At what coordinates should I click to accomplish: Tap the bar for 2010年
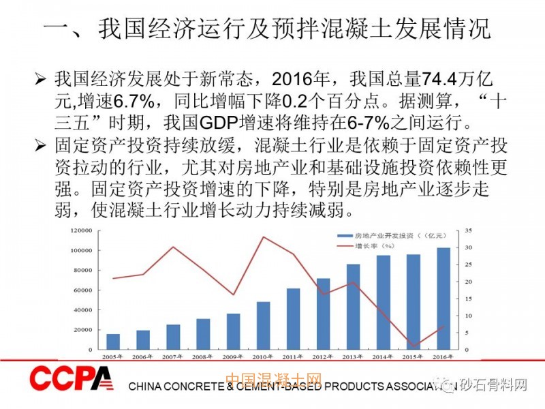(x=263, y=325)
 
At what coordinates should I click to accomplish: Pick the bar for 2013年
(x=353, y=307)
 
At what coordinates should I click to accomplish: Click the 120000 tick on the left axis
(x=80, y=230)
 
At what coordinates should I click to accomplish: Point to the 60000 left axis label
(x=82, y=290)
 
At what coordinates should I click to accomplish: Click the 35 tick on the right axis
(x=469, y=230)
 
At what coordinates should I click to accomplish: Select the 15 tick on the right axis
(x=469, y=299)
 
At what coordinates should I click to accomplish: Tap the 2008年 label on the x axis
(x=203, y=357)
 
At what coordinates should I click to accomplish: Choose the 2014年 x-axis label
(x=384, y=357)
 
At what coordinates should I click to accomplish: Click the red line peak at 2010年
(x=263, y=237)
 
